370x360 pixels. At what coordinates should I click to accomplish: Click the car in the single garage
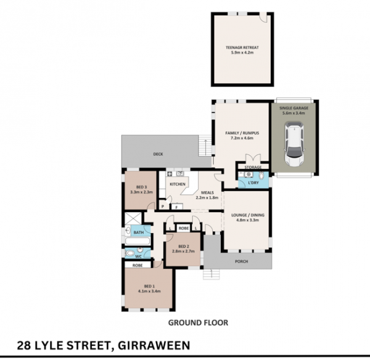[294, 144]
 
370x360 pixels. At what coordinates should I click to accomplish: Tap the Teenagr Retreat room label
[242, 47]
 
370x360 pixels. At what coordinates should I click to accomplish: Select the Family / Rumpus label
[242, 133]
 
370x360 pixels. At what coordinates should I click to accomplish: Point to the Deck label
[158, 154]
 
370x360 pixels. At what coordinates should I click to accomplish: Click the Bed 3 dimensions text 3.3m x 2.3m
[142, 192]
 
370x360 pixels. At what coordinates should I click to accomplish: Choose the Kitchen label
[178, 184]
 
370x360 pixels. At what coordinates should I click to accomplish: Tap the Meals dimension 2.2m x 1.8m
[207, 198]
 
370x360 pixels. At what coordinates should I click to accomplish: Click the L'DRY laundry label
[253, 182]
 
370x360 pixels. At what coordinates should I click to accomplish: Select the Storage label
[253, 167]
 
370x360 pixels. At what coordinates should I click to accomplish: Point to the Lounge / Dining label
[248, 215]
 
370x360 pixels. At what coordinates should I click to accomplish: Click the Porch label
[242, 261]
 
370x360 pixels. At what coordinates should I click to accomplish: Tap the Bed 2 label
[184, 247]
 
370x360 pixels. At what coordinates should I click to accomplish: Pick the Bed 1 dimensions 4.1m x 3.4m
[149, 291]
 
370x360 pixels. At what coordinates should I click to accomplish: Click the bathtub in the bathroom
[138, 241]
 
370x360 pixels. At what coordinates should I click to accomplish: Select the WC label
[139, 256]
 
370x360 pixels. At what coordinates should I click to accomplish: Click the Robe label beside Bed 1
[138, 266]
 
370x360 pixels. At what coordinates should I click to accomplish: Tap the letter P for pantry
[163, 207]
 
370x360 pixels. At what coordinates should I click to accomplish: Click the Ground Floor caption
[198, 323]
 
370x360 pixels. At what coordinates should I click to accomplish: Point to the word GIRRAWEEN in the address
[154, 346]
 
